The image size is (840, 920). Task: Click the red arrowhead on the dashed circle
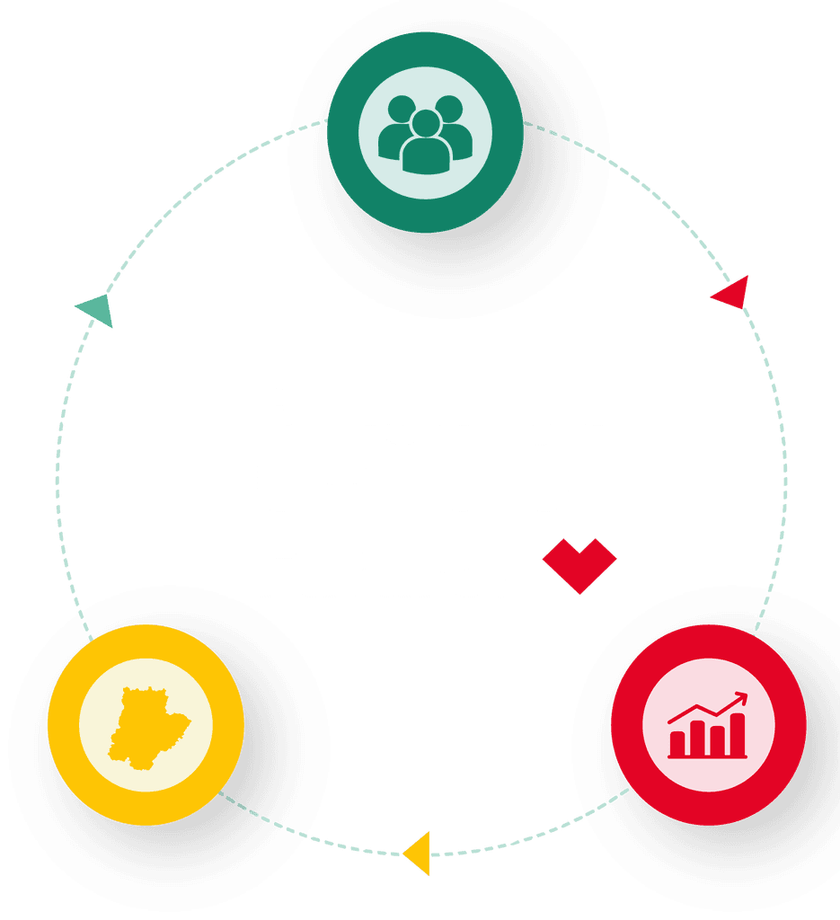coord(732,293)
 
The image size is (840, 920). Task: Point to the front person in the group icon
coord(425,144)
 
